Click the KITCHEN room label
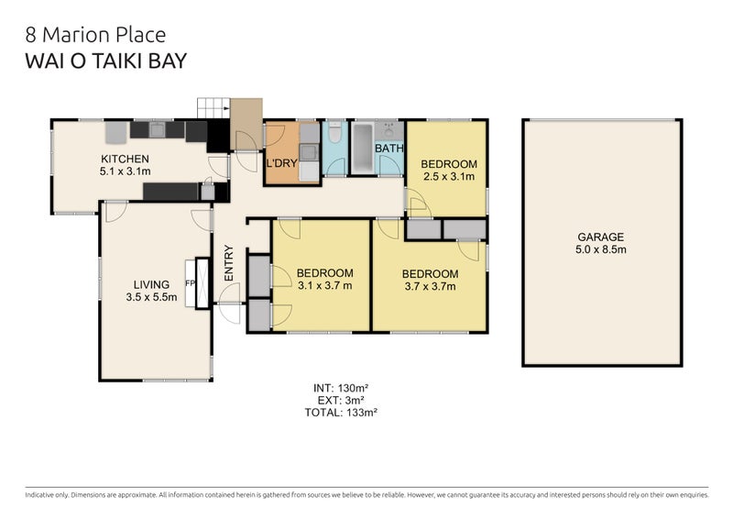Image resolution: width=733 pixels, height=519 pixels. (x=125, y=159)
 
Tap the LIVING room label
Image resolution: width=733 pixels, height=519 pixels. (x=151, y=284)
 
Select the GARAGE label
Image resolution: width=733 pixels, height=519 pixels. (x=601, y=237)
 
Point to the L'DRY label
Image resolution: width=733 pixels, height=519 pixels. (x=281, y=163)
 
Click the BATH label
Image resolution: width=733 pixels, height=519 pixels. (x=388, y=149)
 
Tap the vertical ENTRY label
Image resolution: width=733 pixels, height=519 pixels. (x=228, y=263)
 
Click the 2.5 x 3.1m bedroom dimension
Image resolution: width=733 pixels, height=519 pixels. (x=449, y=176)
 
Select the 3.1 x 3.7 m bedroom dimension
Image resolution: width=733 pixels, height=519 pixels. (x=325, y=285)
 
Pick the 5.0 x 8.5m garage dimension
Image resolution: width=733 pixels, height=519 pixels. (x=601, y=249)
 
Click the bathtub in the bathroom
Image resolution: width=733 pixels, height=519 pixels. (x=363, y=148)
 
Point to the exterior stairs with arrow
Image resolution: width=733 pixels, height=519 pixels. (x=213, y=108)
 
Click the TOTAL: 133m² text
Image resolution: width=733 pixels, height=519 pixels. (x=341, y=413)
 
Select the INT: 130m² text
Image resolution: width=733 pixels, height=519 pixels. (x=341, y=388)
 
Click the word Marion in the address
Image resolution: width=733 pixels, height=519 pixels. (x=78, y=35)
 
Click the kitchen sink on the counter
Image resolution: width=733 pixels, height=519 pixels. (x=157, y=129)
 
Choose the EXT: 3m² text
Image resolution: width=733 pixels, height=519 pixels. (x=341, y=400)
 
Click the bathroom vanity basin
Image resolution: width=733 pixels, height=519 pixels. (x=388, y=130)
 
